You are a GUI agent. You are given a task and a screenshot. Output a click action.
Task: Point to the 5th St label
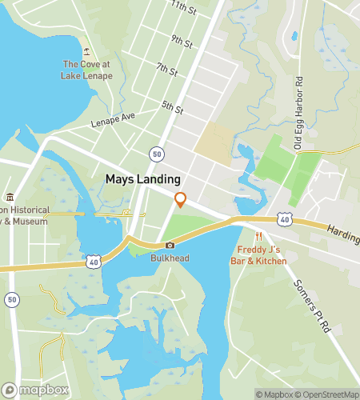172,106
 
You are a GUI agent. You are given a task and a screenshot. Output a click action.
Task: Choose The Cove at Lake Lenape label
86,70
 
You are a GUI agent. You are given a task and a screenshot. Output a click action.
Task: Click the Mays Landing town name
142,180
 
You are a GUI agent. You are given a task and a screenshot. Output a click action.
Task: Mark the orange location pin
181,199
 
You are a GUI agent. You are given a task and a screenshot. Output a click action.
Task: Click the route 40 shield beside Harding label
284,218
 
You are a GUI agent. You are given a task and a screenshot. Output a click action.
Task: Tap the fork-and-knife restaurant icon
258,237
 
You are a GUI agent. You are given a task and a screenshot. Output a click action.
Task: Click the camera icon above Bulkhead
169,246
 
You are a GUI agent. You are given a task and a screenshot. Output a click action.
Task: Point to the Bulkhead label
169,258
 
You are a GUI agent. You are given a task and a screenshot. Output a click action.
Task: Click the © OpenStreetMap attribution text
326,394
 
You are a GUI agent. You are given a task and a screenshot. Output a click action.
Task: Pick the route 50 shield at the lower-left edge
11,299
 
